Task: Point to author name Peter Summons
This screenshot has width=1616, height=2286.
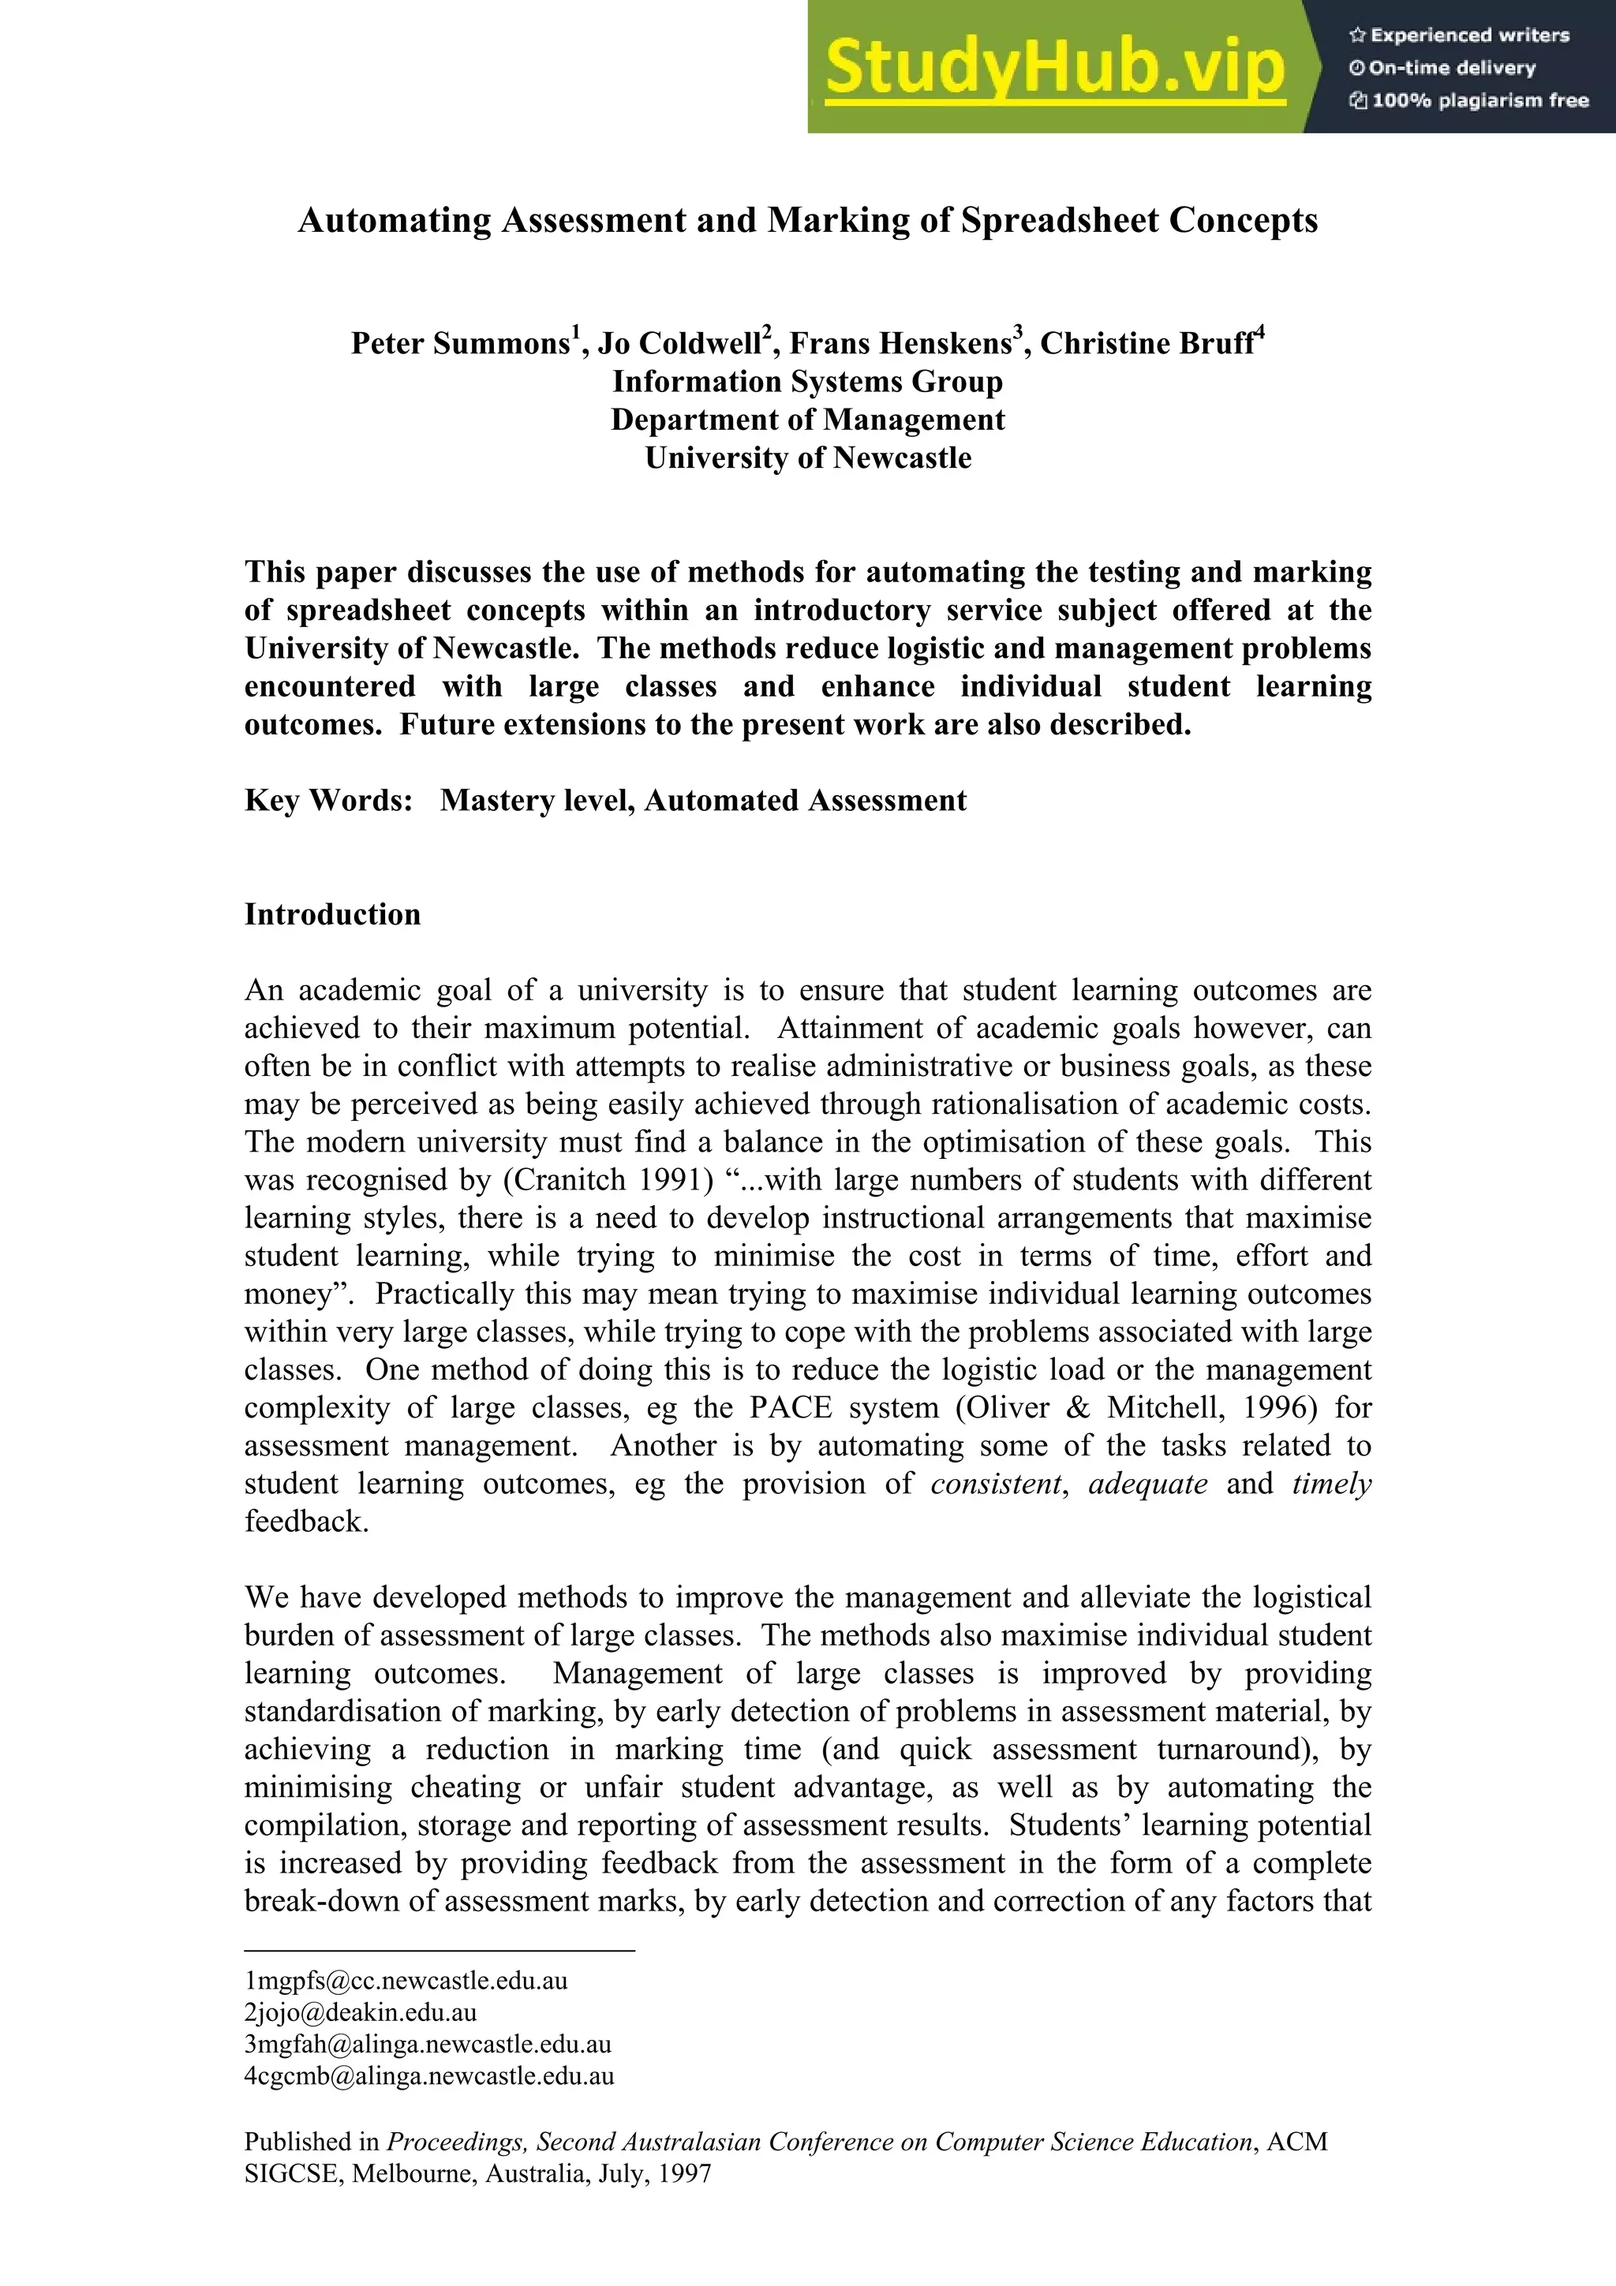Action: point(459,343)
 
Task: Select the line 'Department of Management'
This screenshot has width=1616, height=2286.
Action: point(807,419)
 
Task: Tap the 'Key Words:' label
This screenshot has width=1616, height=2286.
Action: point(328,801)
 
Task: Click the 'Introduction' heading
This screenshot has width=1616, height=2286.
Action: point(332,914)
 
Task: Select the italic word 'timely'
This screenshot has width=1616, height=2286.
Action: point(1331,1485)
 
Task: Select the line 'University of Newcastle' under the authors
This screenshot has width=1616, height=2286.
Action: point(807,458)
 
